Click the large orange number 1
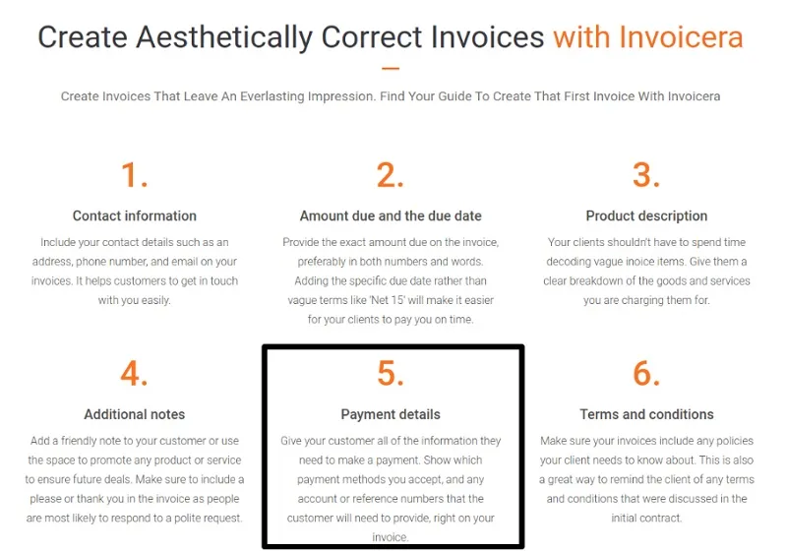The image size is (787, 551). (x=135, y=175)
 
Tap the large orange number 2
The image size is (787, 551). (x=390, y=175)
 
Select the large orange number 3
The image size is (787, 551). (x=646, y=175)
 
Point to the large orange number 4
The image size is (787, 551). (x=134, y=374)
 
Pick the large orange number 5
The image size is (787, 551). (x=390, y=374)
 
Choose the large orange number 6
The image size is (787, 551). (x=646, y=374)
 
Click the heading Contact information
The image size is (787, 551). (x=135, y=215)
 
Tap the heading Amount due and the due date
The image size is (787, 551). (x=391, y=215)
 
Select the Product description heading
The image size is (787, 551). (x=646, y=215)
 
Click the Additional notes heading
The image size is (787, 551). (x=135, y=414)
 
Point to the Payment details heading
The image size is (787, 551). (x=391, y=414)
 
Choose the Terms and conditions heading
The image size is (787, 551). (x=646, y=414)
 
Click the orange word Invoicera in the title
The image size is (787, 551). (x=681, y=37)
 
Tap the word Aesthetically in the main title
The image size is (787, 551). (x=224, y=38)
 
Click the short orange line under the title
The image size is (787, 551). (x=391, y=68)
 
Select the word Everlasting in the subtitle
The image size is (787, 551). (x=272, y=96)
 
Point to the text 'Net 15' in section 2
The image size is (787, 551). (x=388, y=300)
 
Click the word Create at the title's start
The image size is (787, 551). (x=83, y=37)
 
